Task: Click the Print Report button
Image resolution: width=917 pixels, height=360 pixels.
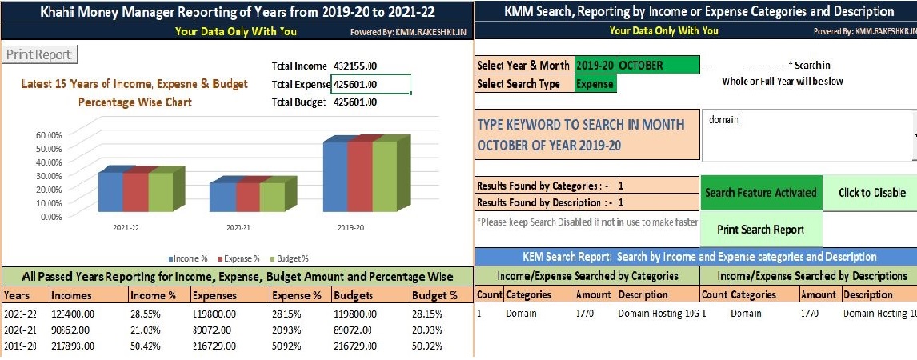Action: pos(39,55)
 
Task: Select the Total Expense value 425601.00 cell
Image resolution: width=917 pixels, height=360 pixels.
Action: pos(371,84)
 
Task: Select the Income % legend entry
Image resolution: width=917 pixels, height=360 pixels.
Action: pos(188,258)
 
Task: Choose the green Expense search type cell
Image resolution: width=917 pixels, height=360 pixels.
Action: pos(595,84)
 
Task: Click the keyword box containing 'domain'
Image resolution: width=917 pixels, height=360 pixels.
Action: pos(807,135)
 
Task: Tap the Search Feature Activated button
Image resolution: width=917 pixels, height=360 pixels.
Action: pos(760,193)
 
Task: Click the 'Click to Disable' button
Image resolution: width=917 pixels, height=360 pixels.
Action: pos(871,193)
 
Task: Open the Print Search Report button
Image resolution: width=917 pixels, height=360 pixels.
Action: pos(760,230)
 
